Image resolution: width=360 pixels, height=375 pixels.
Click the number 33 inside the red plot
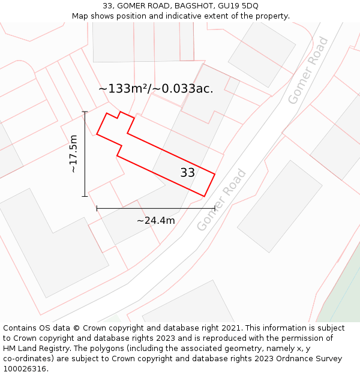(x=187, y=173)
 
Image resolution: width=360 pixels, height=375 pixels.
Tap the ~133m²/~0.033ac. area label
(x=155, y=89)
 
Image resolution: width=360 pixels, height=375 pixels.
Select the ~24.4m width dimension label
(x=155, y=221)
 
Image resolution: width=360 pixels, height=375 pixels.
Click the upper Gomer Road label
(x=308, y=70)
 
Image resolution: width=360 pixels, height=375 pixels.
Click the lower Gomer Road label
(x=221, y=200)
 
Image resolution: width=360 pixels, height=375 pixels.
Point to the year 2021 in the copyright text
(x=230, y=328)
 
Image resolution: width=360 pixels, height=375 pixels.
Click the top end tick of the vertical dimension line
(x=85, y=112)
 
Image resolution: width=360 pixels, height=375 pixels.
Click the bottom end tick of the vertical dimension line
(x=85, y=196)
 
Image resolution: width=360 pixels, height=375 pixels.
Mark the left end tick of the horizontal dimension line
(x=97, y=209)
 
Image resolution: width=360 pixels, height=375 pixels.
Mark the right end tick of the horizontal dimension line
(x=214, y=209)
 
